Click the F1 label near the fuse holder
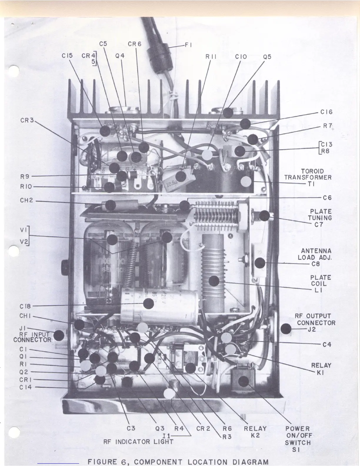(x=188, y=45)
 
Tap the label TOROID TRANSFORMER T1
(x=308, y=177)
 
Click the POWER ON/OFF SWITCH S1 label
(x=297, y=439)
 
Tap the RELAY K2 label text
(x=255, y=432)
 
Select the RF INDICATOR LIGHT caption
(x=138, y=442)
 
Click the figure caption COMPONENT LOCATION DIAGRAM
(x=178, y=461)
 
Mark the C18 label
(x=25, y=306)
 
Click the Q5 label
(x=267, y=57)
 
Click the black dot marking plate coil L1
(x=214, y=281)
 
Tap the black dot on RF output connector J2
(x=286, y=328)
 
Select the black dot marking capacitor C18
(x=149, y=304)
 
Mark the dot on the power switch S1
(x=243, y=382)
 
